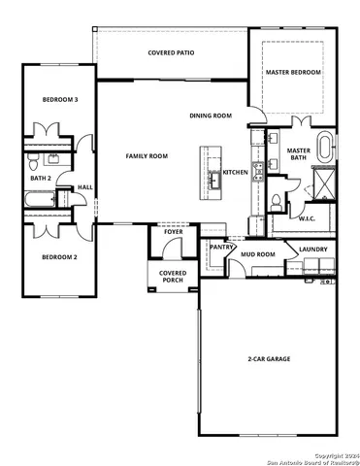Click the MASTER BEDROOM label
pyautogui.click(x=293, y=72)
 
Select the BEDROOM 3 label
pyautogui.click(x=60, y=100)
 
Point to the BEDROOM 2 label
pyautogui.click(x=59, y=257)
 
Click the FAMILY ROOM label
pyautogui.click(x=147, y=155)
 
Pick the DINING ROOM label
pyautogui.click(x=211, y=116)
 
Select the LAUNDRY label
pyautogui.click(x=312, y=250)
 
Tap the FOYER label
pyautogui.click(x=173, y=233)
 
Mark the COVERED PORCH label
pyautogui.click(x=173, y=277)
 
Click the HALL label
pyautogui.click(x=85, y=187)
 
